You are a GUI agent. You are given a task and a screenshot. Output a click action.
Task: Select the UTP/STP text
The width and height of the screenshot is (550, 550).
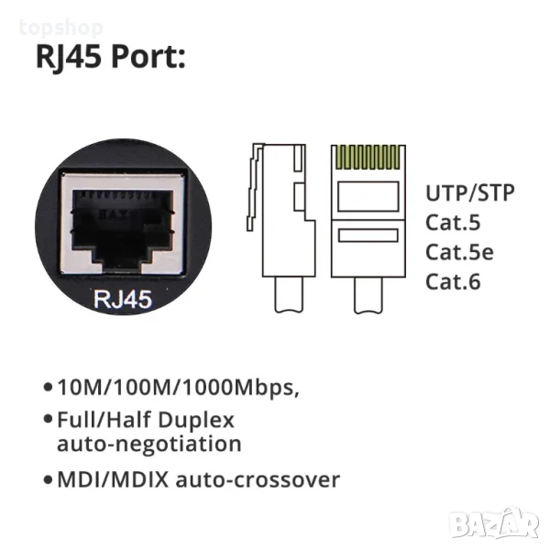point(469,192)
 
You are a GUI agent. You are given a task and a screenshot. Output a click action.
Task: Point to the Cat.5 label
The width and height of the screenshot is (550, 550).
point(453,222)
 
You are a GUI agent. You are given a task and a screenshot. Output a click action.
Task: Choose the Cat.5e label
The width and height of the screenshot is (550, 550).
point(458,252)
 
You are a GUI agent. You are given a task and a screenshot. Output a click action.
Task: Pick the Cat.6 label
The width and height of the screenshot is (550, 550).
point(453,281)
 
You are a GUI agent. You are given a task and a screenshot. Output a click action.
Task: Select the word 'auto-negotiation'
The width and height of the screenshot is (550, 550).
point(149,445)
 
